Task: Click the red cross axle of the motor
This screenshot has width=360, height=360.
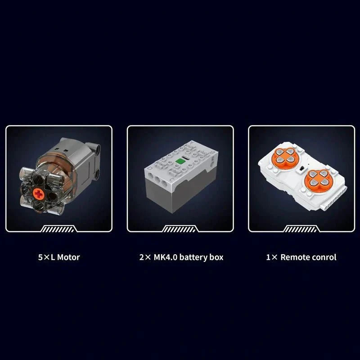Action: coord(39,194)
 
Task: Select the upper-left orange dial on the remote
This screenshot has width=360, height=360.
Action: coord(283,156)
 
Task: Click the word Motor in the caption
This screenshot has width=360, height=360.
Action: coord(68,257)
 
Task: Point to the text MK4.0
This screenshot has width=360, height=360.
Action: coord(165,257)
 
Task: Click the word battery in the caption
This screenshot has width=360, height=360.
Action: coord(193,257)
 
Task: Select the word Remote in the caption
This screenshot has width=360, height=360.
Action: coord(294,257)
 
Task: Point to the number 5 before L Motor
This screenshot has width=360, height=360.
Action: coord(40,257)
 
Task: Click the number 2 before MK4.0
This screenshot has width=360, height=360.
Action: coord(142,257)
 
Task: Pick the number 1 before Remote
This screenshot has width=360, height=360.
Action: coord(268,257)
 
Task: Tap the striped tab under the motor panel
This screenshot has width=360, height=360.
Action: coord(58,229)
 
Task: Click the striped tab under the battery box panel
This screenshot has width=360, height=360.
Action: coord(180,229)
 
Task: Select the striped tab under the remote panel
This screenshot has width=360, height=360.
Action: coord(301,229)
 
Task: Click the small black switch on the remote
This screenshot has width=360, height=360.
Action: coord(302,168)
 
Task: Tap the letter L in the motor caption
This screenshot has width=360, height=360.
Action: coord(53,257)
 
